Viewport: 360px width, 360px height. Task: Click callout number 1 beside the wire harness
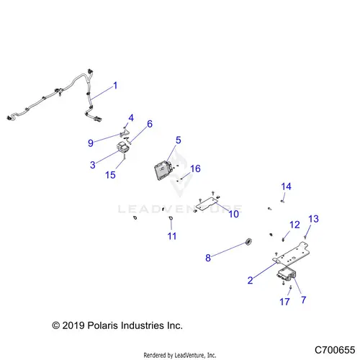coord(115,86)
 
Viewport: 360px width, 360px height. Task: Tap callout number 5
coord(179,140)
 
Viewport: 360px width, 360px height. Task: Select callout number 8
coord(208,258)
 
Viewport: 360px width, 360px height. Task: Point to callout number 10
coord(234,214)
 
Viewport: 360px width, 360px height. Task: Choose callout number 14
coord(286,186)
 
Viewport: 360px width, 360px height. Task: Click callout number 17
coord(284,302)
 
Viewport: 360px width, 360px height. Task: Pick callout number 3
coord(93,165)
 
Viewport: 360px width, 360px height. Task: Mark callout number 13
coord(313,219)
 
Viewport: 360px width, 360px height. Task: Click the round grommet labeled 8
coord(248,241)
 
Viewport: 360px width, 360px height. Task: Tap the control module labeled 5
coord(163,170)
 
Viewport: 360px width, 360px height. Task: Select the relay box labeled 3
coord(123,148)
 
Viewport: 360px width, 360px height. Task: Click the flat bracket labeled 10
coord(207,204)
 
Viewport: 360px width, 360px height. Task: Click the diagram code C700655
coord(335,350)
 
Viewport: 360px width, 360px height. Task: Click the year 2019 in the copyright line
coord(73,325)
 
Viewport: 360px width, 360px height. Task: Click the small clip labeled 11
coord(171,218)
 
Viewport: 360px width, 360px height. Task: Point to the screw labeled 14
coord(282,201)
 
